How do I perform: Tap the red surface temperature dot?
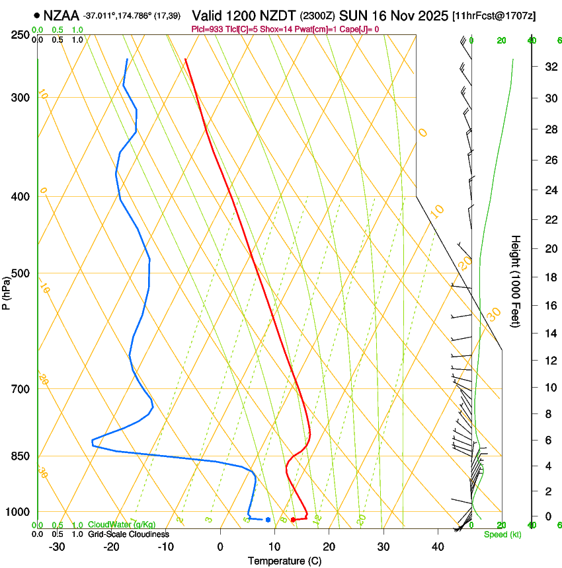point(293,520)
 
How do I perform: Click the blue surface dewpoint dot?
point(268,520)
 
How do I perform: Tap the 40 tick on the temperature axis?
point(437,547)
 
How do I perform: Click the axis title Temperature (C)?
point(284,561)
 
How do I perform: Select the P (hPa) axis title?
point(6,289)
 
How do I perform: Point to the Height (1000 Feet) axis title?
point(516,281)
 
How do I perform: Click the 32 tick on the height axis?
point(549,67)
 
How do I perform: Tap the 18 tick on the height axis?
point(549,277)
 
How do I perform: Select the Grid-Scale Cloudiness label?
point(128,534)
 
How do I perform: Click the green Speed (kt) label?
point(502,534)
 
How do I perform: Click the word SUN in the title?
point(352,15)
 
